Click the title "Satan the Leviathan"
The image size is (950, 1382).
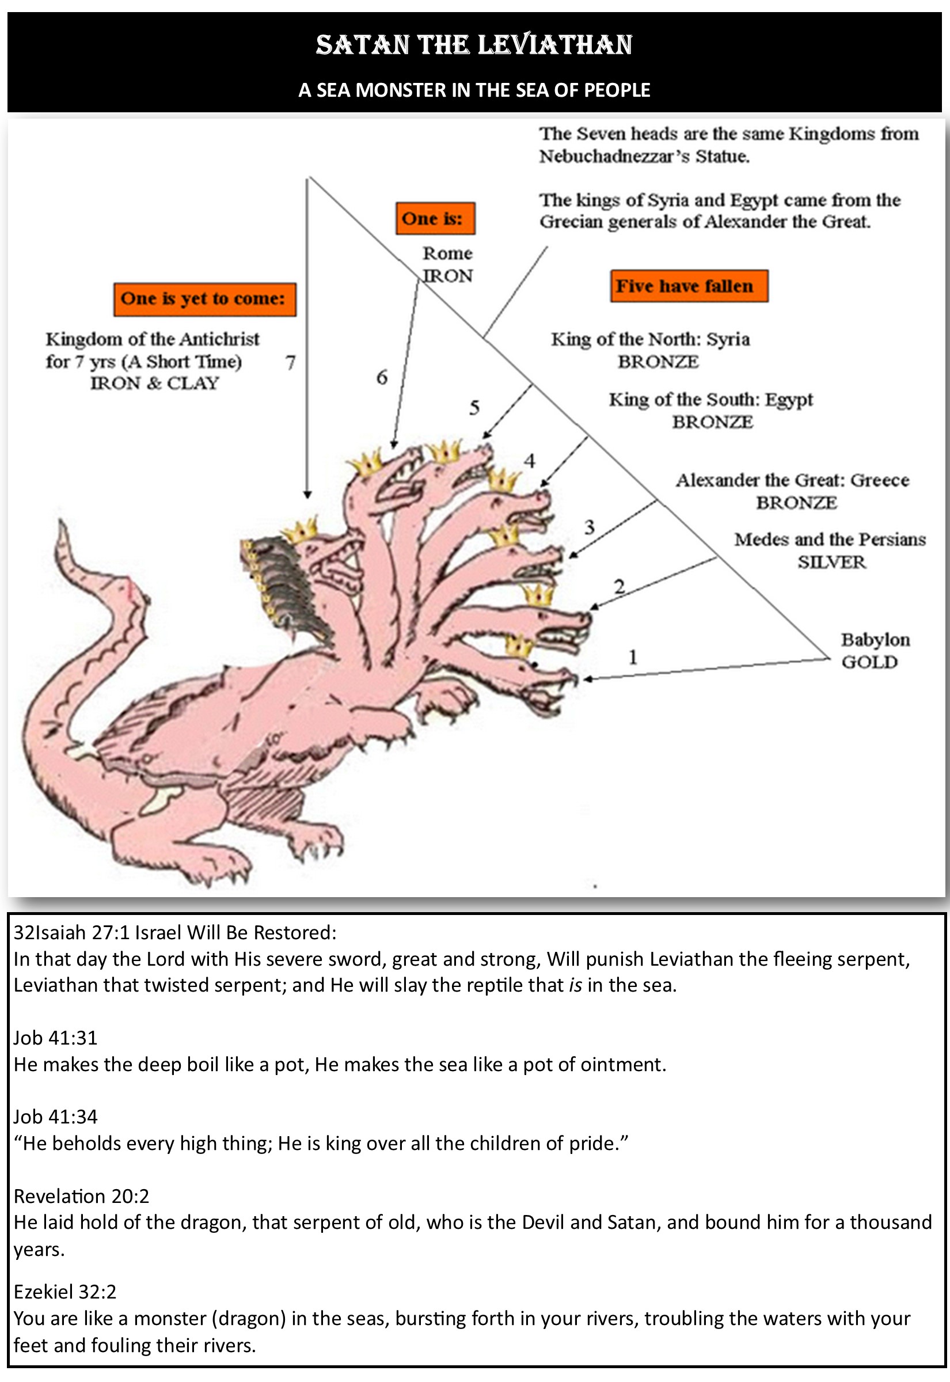click(x=474, y=45)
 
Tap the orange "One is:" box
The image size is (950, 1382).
click(x=435, y=218)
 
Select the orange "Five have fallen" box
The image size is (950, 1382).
click(x=689, y=286)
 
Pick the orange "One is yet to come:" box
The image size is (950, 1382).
click(x=204, y=299)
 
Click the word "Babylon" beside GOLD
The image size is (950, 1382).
click(x=875, y=640)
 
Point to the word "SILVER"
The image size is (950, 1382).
click(x=831, y=562)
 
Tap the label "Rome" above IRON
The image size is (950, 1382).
click(x=447, y=253)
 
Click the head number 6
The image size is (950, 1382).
click(x=382, y=377)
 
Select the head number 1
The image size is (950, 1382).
click(x=633, y=657)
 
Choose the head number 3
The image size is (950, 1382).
click(x=589, y=527)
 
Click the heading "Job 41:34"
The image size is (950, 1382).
click(x=55, y=1117)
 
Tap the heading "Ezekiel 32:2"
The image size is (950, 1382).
click(x=65, y=1292)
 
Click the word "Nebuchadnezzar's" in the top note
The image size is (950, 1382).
click(x=618, y=157)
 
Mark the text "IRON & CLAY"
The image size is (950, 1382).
click(x=155, y=384)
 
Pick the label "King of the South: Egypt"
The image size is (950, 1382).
click(x=710, y=400)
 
